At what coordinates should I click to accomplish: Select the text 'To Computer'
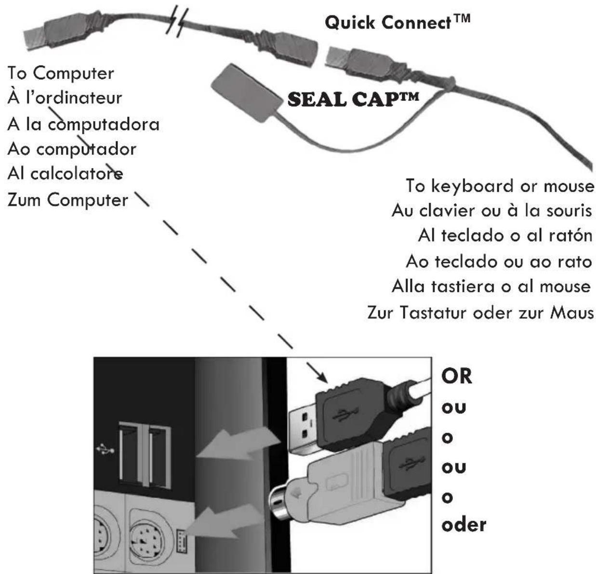pyautogui.click(x=61, y=73)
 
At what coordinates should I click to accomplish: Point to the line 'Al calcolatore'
pyautogui.click(x=65, y=174)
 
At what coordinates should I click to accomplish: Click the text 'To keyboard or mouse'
pyautogui.click(x=500, y=186)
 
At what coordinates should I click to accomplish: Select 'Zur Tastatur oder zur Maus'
pyautogui.click(x=480, y=313)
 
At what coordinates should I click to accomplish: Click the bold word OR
pyautogui.click(x=457, y=376)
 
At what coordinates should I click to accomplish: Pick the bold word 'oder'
pyautogui.click(x=464, y=524)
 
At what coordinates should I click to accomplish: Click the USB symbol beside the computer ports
pyautogui.click(x=105, y=449)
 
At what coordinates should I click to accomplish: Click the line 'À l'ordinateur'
pyautogui.click(x=65, y=98)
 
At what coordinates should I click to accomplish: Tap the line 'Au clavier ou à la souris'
pyautogui.click(x=491, y=211)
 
